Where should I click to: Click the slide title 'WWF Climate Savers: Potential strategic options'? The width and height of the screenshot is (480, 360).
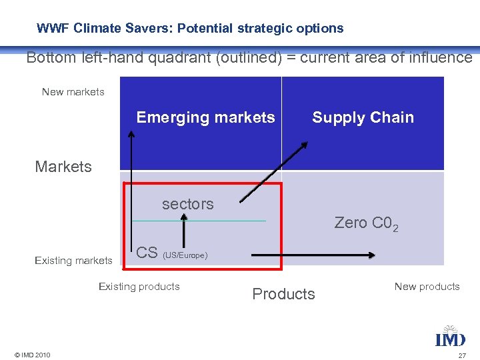pyautogui.click(x=190, y=29)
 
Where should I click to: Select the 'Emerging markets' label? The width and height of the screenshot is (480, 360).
pyautogui.click(x=205, y=118)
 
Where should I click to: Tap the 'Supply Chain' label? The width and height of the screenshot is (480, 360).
pyautogui.click(x=363, y=118)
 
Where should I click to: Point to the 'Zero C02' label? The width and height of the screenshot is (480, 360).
pyautogui.click(x=366, y=223)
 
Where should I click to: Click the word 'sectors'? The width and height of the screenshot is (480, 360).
pyautogui.click(x=187, y=204)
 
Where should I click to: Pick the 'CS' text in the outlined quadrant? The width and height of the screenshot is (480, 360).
pyautogui.click(x=147, y=253)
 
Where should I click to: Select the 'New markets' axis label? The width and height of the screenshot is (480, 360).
pyautogui.click(x=73, y=92)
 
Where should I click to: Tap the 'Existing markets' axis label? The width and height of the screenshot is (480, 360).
pyautogui.click(x=73, y=261)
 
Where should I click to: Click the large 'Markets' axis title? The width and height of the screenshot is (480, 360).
pyautogui.click(x=63, y=167)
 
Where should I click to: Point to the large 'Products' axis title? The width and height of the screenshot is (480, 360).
pyautogui.click(x=283, y=294)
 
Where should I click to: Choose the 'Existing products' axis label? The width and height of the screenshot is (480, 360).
pyautogui.click(x=139, y=287)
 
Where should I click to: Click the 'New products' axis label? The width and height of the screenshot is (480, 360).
pyautogui.click(x=427, y=287)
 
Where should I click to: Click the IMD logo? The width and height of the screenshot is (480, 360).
pyautogui.click(x=450, y=337)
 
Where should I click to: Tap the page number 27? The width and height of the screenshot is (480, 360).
pyautogui.click(x=462, y=355)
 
